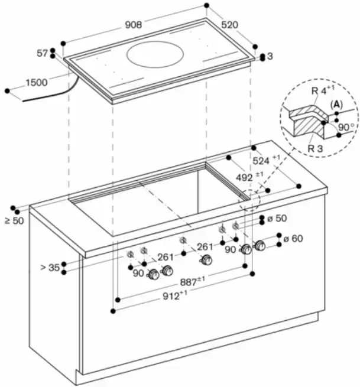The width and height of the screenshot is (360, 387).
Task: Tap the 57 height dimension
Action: pos(42,53)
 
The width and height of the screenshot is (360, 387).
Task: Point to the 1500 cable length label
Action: pos(36,83)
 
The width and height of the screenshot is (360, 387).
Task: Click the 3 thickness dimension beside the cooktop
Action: pos(270,57)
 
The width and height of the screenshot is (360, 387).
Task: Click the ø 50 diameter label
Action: pos(276,219)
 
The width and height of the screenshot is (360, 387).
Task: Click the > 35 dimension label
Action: pos(50,267)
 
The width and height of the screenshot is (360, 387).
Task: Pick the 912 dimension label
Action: pos(175,295)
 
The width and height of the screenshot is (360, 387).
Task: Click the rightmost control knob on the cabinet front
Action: pos(259,246)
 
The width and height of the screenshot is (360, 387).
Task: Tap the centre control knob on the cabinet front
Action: pos(205,261)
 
